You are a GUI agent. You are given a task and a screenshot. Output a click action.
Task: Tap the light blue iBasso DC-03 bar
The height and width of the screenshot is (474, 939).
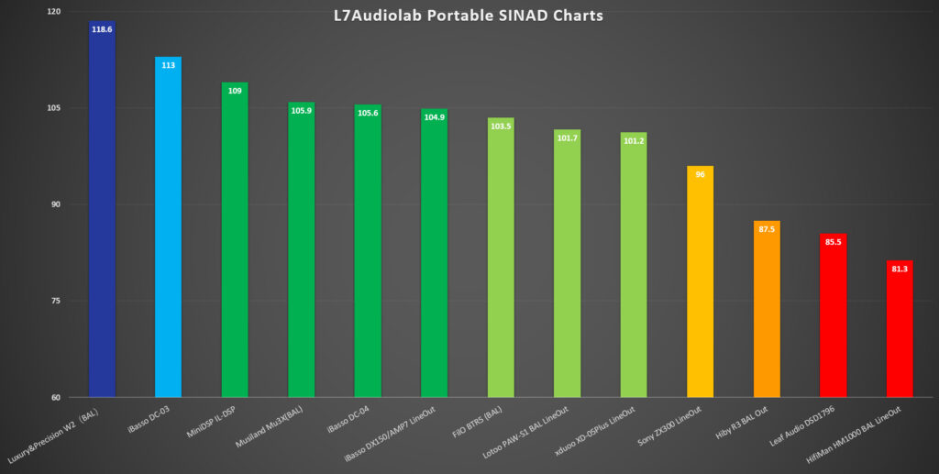coord(168,229)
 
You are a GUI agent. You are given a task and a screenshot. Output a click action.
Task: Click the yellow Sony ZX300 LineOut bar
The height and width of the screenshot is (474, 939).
coord(700,284)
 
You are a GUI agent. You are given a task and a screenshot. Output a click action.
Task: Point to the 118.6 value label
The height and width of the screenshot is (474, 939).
coord(102,29)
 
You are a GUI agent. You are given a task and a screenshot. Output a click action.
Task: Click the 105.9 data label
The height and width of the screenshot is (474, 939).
coord(301,111)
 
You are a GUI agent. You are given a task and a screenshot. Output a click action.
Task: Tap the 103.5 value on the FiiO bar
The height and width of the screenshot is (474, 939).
coord(501,127)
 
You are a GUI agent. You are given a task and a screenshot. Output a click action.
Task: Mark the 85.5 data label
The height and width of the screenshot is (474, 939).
coord(833,242)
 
